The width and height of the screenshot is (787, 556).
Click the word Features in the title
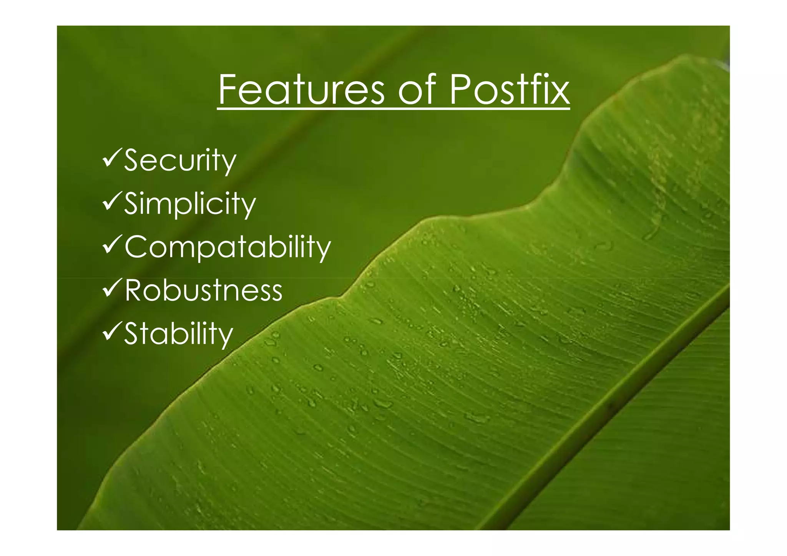coord(301,90)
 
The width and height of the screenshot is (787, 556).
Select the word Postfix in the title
coord(509,90)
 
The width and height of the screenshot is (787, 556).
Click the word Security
coord(180,161)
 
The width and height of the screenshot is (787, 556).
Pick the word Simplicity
coord(190,204)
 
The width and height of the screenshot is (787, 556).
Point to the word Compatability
coord(227,247)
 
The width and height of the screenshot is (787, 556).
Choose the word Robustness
coord(204,290)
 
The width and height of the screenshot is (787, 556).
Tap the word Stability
coord(179,333)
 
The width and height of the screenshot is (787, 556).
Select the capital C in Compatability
coord(137,247)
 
